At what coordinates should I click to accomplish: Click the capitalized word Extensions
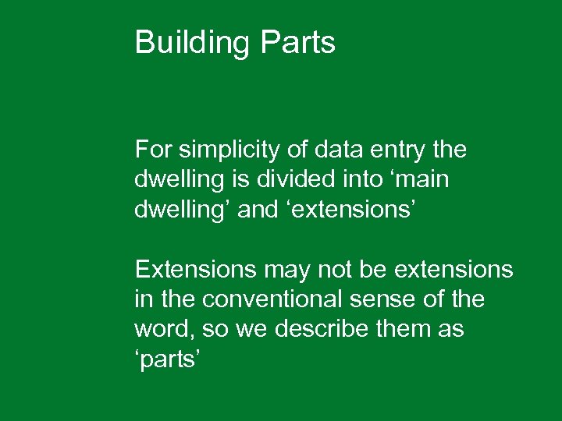(195, 270)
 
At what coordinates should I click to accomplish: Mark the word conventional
(263, 299)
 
